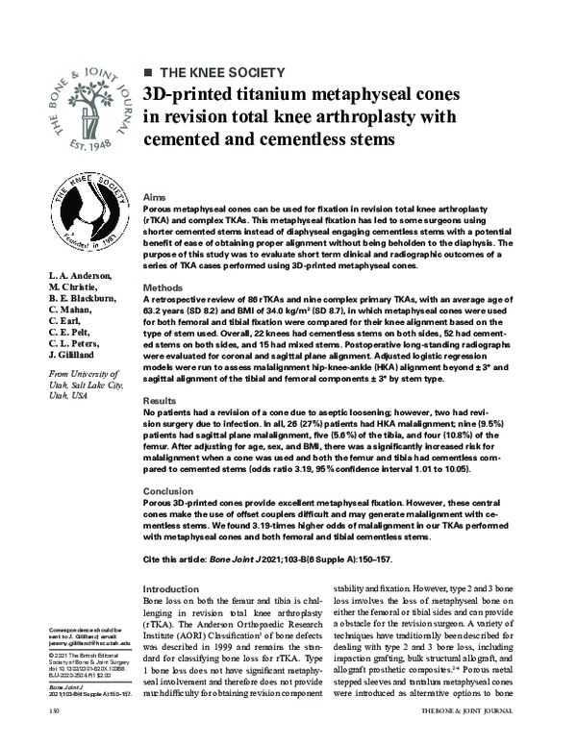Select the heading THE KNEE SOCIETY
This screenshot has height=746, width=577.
tap(220, 72)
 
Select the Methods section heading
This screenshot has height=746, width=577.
tap(163, 288)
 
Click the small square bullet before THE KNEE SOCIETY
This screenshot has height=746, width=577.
tap(147, 72)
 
